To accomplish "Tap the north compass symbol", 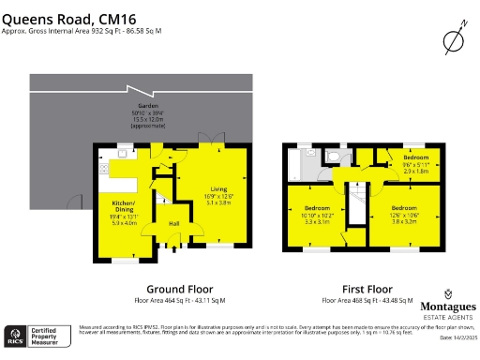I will click(453, 40).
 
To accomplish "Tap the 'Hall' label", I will click(173, 223).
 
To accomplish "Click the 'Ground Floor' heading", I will click(180, 289).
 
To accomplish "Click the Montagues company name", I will click(445, 307).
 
